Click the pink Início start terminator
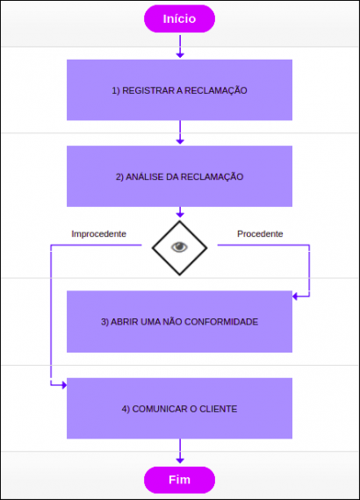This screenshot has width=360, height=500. tap(179, 18)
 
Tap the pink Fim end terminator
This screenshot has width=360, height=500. tap(179, 479)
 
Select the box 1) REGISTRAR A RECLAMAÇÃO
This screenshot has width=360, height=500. tap(179, 89)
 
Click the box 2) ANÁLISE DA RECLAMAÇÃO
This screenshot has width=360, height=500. tap(179, 175)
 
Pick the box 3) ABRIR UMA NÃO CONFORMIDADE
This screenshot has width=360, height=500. tap(179, 321)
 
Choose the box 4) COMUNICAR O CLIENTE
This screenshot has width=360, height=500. tap(179, 408)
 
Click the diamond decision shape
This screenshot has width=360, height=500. tap(179, 246)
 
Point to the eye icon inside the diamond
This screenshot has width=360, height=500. tap(179, 246)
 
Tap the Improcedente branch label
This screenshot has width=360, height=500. tap(98, 234)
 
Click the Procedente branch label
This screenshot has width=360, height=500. tap(260, 234)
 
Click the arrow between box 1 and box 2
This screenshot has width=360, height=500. tap(180, 132)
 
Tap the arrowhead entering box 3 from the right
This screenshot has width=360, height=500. tap(297, 296)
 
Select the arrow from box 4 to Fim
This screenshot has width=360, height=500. tap(180, 452)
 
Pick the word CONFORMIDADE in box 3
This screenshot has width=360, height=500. tap(226, 322)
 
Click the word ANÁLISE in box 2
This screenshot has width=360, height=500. tap(143, 176)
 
